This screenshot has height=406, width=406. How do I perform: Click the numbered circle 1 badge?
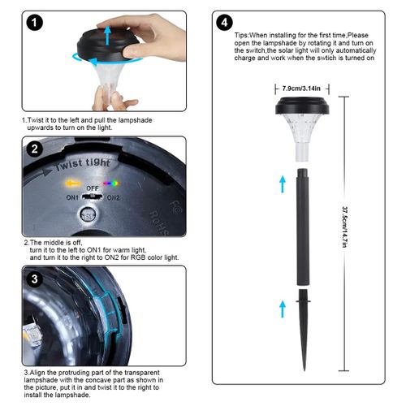tap(34, 23)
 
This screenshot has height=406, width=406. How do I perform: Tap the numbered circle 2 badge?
tap(34, 149)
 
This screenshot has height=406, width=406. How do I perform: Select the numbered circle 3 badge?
tap(34, 279)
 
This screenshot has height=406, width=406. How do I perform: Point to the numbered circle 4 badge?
tap(224, 23)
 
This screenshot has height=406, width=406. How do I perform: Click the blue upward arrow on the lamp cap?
tap(108, 36)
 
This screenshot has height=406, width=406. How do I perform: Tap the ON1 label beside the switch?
tap(72, 197)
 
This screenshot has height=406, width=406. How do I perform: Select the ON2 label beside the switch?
tap(113, 198)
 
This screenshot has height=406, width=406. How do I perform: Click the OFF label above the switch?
tap(93, 188)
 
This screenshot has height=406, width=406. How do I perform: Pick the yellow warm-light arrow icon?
tap(72, 184)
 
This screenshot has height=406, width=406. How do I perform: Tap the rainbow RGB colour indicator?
tap(111, 184)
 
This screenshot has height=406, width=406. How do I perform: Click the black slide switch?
tap(92, 197)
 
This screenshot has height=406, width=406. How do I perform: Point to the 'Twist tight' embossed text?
tap(83, 165)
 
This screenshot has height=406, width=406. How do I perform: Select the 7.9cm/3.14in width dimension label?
tap(301, 89)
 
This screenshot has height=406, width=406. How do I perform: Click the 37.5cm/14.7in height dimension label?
tap(344, 227)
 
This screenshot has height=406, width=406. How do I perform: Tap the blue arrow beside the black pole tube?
tap(283, 184)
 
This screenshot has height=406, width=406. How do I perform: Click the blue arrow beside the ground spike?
tap(283, 309)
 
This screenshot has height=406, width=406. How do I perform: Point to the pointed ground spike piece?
tap(304, 330)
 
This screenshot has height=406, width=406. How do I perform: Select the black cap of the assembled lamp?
tap(302, 106)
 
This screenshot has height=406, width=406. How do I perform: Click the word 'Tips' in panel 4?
tap(241, 36)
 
